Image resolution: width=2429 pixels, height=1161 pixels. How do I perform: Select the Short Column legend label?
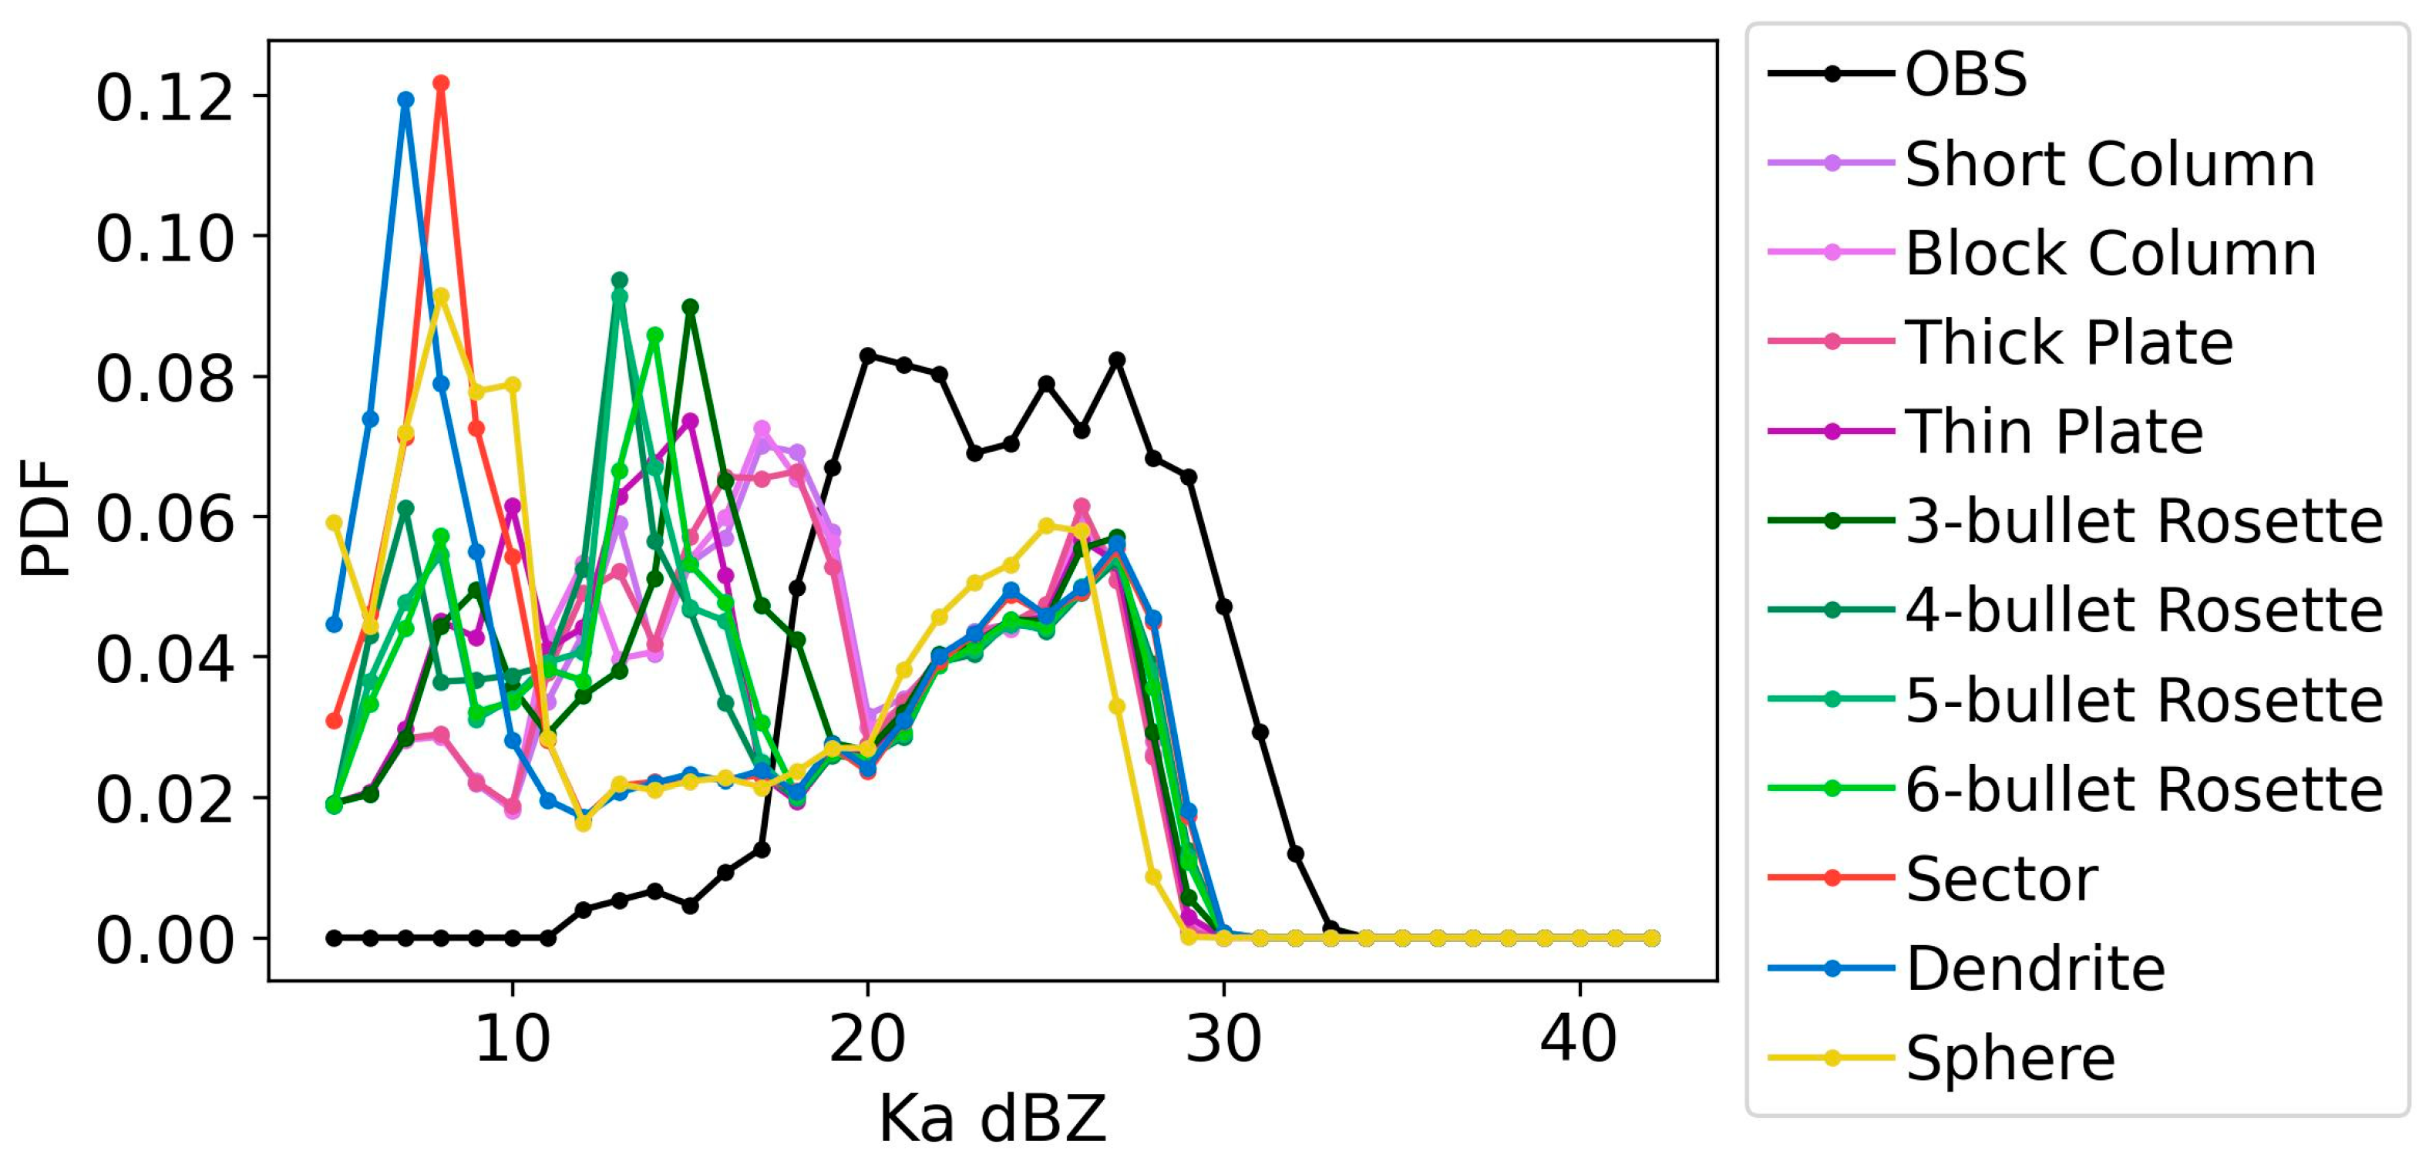[2109, 164]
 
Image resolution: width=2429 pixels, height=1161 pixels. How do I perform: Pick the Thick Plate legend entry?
[2068, 342]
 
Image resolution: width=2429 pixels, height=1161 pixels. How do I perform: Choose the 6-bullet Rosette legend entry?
[2143, 789]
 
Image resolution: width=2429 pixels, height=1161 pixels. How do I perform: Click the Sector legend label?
[2001, 879]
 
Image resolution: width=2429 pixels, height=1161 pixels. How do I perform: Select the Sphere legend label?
[2010, 1058]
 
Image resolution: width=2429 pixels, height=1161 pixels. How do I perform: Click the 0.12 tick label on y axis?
[164, 98]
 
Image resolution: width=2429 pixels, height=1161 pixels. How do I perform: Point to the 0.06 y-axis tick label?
[164, 518]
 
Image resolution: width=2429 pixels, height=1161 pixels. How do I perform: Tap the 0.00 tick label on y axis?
[164, 940]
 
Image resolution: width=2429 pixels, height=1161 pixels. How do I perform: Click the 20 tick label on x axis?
[866, 1040]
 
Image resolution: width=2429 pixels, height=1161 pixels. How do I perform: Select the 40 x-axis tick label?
[1579, 1040]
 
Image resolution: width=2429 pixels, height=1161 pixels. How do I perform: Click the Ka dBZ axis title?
[992, 1119]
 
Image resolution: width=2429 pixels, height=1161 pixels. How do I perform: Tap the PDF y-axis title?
[45, 517]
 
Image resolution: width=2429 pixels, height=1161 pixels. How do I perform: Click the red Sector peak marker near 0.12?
[440, 83]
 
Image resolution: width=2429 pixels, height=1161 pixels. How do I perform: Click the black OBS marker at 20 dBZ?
[867, 355]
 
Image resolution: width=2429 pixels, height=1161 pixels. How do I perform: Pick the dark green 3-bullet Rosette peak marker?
[690, 307]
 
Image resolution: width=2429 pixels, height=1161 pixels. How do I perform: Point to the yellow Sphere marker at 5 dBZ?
[334, 523]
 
